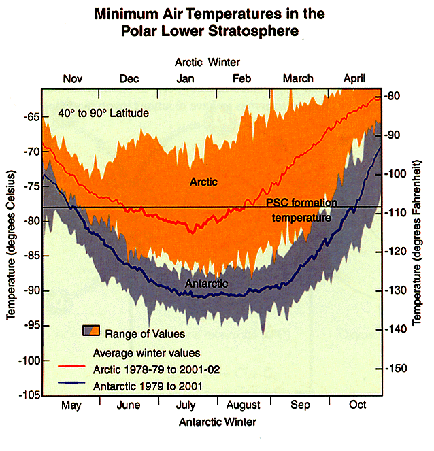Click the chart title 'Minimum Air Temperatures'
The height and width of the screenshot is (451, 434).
[x=210, y=14]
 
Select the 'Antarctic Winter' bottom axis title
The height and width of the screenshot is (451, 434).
[x=218, y=422]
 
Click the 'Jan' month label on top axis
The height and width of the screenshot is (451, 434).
[x=185, y=79]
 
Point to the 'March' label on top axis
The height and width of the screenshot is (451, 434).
[x=298, y=79]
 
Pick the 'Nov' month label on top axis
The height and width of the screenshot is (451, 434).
[x=73, y=79]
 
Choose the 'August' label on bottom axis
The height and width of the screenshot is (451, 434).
[x=243, y=405]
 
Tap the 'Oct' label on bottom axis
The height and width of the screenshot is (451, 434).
[x=357, y=405]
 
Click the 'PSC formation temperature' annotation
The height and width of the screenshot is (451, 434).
[x=301, y=211]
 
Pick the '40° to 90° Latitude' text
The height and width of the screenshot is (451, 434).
[x=103, y=113]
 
